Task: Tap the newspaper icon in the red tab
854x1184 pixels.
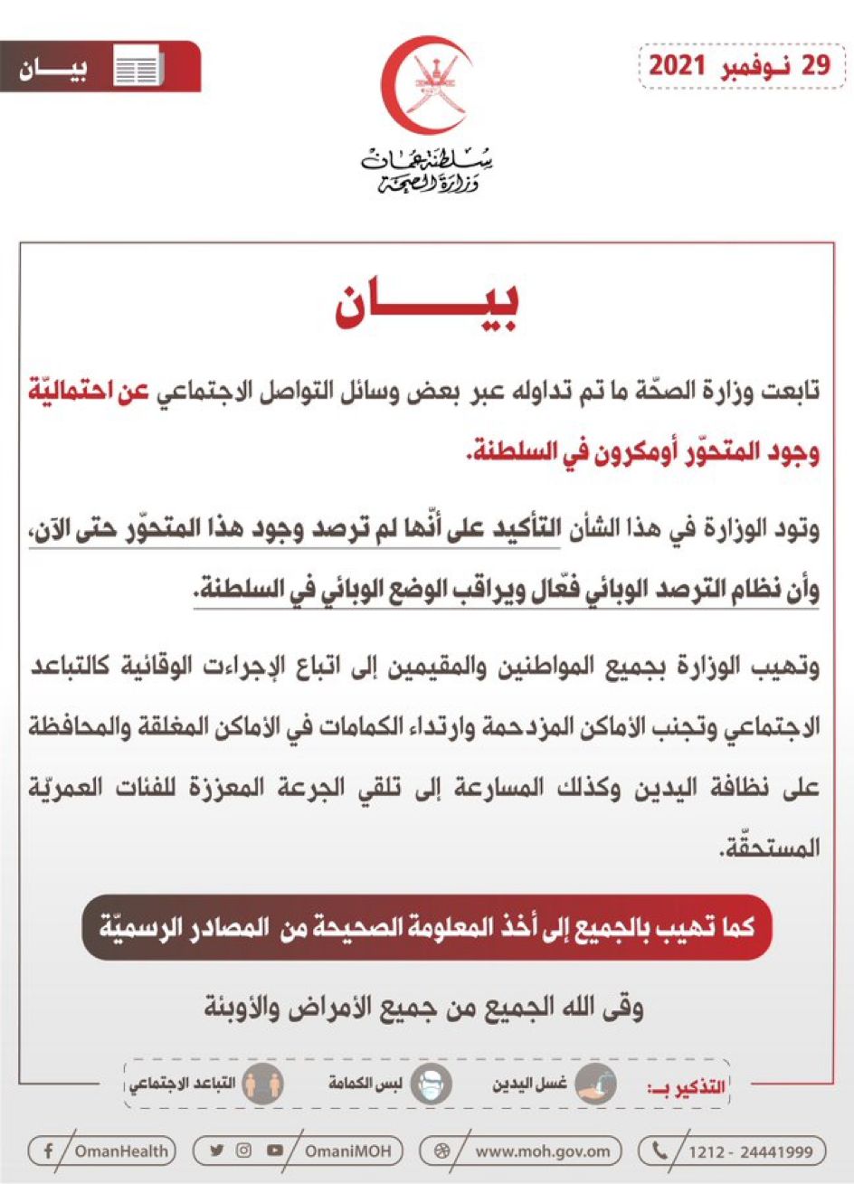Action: click(138, 69)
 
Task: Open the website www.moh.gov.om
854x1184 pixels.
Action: click(546, 1151)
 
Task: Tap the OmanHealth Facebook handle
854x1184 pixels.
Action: click(121, 1151)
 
